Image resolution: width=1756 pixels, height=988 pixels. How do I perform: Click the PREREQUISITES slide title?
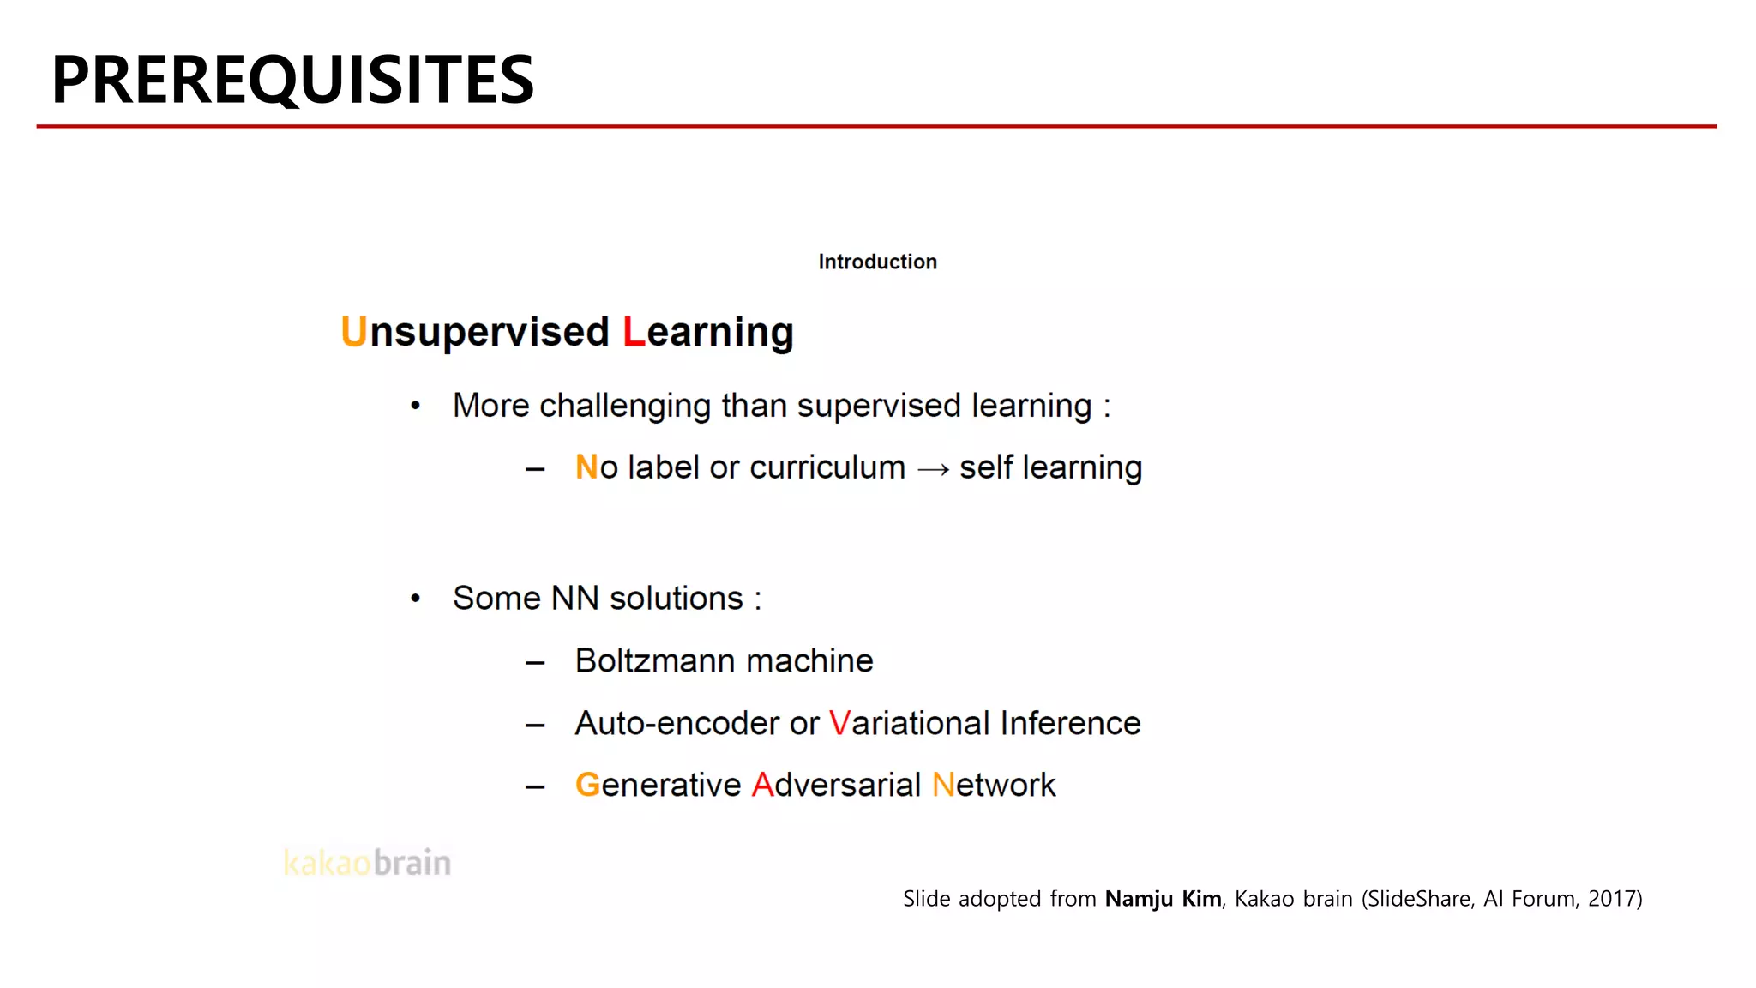click(x=292, y=80)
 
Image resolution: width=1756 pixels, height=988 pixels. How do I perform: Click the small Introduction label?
click(x=877, y=262)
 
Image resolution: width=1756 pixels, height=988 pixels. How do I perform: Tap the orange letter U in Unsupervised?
click(x=353, y=332)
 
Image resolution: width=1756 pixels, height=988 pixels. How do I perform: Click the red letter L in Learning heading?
click(x=634, y=332)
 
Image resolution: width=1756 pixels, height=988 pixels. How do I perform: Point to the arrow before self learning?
click(x=933, y=469)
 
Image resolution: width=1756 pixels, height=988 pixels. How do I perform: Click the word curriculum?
click(x=827, y=467)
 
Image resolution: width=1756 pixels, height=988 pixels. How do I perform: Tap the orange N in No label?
click(x=586, y=467)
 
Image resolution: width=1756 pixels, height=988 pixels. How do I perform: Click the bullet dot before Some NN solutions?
click(x=416, y=598)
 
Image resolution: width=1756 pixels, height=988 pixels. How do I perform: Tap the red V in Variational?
click(x=839, y=724)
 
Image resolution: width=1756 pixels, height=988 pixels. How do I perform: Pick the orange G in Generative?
click(x=587, y=786)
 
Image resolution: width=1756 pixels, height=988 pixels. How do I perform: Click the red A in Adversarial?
click(x=762, y=786)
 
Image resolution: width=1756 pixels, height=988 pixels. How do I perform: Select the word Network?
click(x=994, y=786)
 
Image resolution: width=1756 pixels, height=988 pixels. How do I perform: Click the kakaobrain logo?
click(x=367, y=863)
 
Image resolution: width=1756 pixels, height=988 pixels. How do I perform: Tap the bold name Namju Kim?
click(x=1163, y=899)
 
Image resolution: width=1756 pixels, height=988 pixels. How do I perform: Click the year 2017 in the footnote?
click(x=1611, y=899)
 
